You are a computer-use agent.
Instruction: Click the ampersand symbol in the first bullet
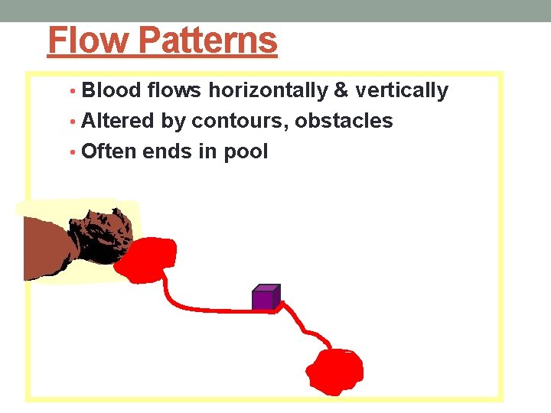pos(341,91)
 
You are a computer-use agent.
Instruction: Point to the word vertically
pos(401,91)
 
